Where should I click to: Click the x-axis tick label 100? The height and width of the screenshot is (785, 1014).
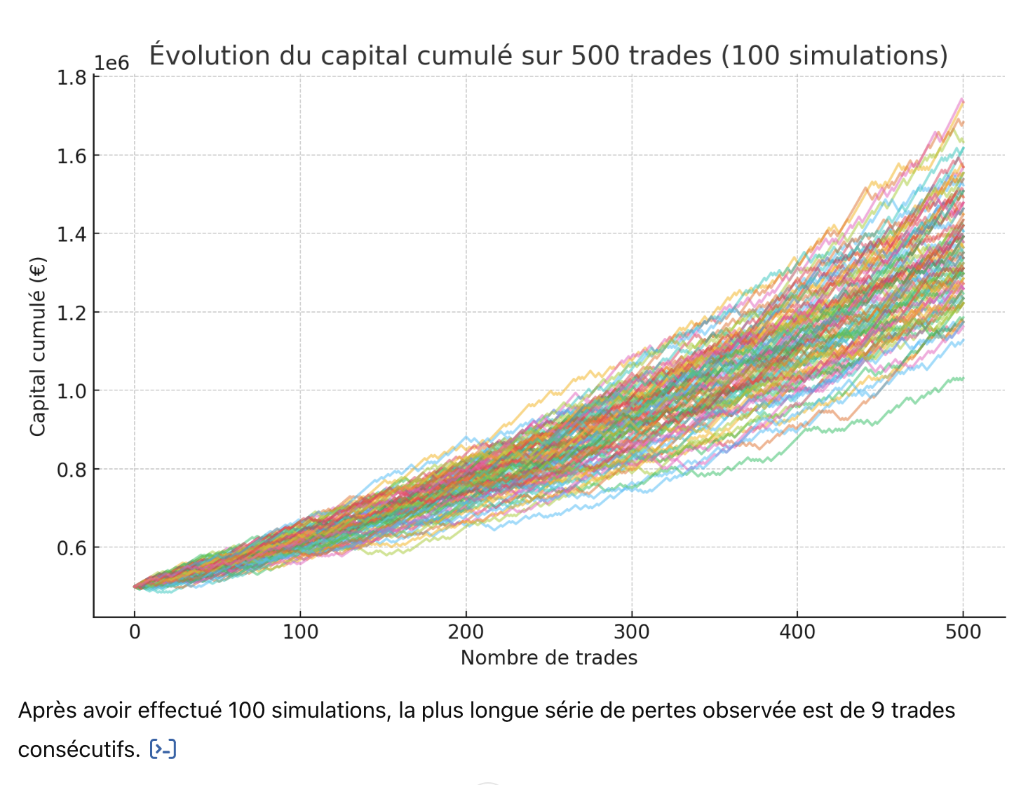(300, 632)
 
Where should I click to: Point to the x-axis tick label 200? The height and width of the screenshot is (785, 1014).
(466, 632)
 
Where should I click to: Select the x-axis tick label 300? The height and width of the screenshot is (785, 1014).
(631, 632)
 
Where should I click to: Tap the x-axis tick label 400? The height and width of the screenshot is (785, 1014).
(797, 632)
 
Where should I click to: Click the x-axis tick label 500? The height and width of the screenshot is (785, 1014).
(963, 632)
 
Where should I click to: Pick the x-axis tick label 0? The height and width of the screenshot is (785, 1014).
(135, 632)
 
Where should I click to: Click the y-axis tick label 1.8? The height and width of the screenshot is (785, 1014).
(72, 77)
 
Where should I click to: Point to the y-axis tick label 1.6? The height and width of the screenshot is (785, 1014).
(72, 156)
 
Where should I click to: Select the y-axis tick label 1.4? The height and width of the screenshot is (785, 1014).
(72, 234)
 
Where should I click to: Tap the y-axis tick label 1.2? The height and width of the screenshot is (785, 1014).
(72, 313)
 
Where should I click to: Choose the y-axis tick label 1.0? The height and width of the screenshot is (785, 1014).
(72, 391)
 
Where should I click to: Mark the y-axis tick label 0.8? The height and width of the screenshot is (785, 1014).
(72, 470)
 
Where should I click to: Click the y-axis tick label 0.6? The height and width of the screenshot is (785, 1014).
(72, 548)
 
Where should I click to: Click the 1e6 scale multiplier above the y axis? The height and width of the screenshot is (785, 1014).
(111, 63)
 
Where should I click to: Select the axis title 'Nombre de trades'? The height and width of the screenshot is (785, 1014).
(549, 657)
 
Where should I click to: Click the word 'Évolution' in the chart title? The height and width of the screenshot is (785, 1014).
(210, 55)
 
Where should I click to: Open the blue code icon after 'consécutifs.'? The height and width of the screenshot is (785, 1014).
(163, 749)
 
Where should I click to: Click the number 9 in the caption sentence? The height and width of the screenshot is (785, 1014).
(877, 711)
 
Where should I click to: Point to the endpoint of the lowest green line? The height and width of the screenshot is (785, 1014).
(964, 378)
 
